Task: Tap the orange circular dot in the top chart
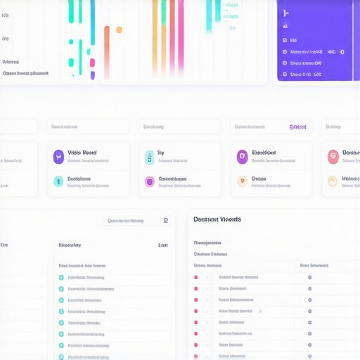(119, 30)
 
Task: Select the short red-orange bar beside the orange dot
(107, 52)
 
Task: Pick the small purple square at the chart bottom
(92, 75)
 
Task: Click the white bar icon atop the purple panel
(285, 13)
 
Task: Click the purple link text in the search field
(297, 127)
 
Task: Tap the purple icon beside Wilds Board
(58, 156)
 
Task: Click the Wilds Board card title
(82, 153)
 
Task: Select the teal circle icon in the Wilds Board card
(58, 181)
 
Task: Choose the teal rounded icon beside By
(149, 157)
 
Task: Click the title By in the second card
(160, 153)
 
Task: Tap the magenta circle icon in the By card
(149, 181)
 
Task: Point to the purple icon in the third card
(242, 156)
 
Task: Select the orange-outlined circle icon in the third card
(242, 181)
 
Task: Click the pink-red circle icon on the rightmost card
(333, 156)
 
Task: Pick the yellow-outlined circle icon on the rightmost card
(333, 181)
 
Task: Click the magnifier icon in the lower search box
(165, 220)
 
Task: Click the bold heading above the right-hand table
(217, 219)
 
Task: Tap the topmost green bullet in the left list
(61, 278)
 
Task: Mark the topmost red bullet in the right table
(195, 277)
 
